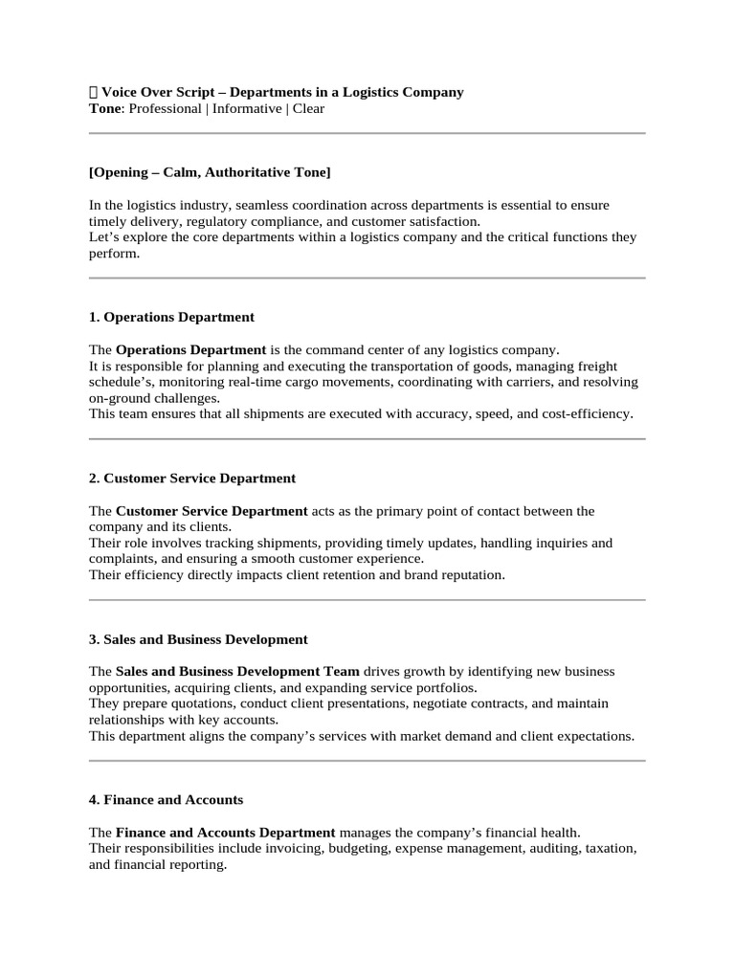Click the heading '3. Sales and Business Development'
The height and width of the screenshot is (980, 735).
198,639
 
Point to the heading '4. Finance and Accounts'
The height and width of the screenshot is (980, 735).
166,800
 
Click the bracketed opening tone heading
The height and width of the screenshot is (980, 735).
210,172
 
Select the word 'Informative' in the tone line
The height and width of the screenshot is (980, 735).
247,109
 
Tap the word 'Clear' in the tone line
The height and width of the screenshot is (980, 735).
308,109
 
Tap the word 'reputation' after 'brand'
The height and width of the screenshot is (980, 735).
469,575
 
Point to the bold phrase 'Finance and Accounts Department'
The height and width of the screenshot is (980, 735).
226,833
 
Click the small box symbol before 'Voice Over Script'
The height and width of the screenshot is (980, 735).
93,93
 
